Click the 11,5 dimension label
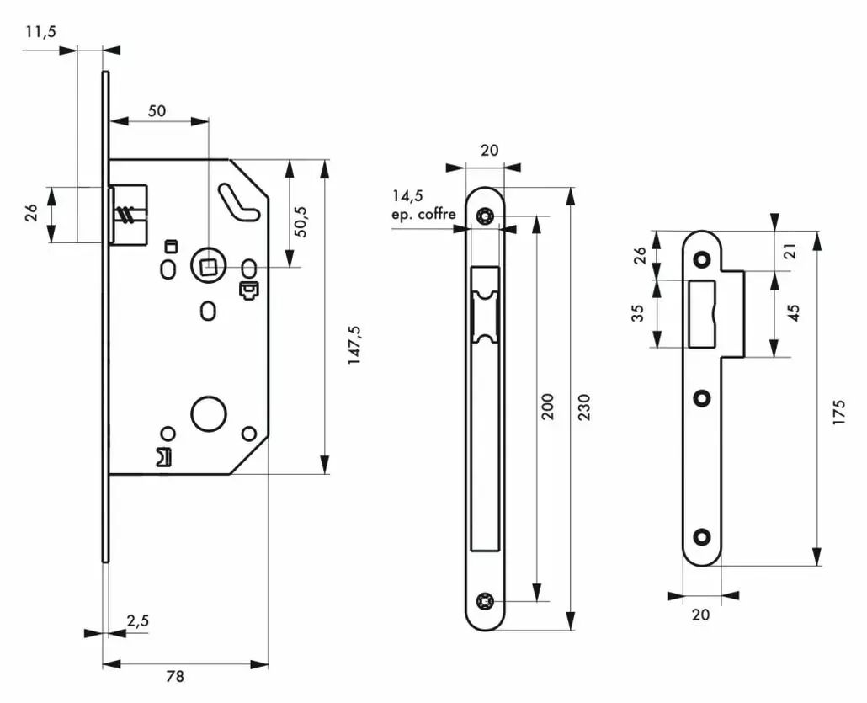tap(41, 32)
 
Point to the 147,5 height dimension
tap(354, 344)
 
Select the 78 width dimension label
tap(175, 676)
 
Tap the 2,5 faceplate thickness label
tap(138, 621)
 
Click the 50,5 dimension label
tap(301, 221)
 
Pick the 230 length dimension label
tap(584, 407)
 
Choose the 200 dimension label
tap(547, 407)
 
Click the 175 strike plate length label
tap(838, 412)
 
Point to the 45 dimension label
tap(794, 313)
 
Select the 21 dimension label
tap(791, 251)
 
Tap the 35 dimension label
tap(639, 313)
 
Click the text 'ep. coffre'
tap(424, 214)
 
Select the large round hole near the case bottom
tap(209, 413)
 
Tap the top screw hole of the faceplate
tap(485, 216)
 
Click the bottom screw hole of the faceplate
tap(485, 600)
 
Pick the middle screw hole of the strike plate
tap(702, 397)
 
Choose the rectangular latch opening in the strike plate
tap(702, 313)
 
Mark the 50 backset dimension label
tap(157, 111)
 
